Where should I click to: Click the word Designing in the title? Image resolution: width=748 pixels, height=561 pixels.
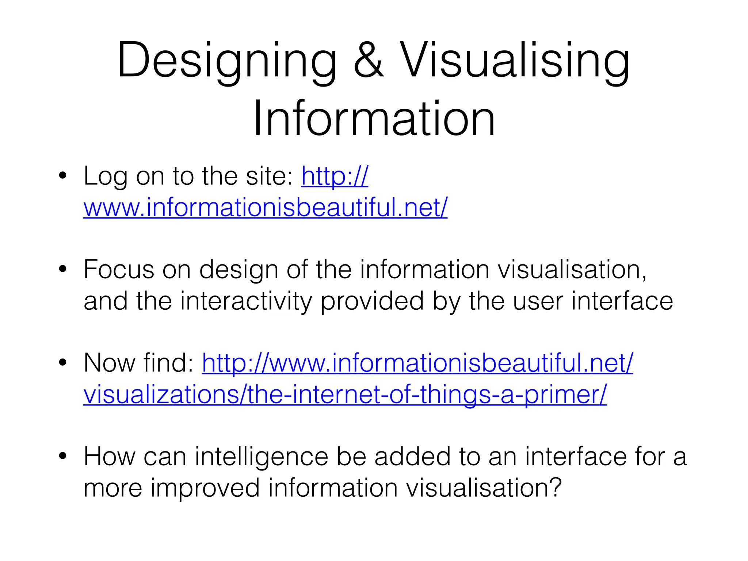(226, 60)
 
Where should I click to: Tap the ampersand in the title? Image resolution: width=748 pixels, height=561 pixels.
(369, 60)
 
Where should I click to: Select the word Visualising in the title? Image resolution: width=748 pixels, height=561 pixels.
(515, 60)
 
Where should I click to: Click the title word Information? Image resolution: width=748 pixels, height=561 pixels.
(374, 119)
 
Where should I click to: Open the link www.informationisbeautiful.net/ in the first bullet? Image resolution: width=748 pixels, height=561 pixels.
(265, 207)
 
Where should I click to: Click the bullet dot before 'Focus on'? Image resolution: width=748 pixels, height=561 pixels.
(63, 269)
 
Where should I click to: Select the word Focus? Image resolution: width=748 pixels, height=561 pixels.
(119, 270)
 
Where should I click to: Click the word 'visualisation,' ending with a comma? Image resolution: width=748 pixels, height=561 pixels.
(572, 270)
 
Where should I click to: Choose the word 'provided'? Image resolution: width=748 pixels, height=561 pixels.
(372, 301)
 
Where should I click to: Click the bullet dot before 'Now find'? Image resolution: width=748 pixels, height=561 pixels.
(63, 363)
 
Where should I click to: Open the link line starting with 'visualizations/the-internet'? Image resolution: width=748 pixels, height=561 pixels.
(345, 394)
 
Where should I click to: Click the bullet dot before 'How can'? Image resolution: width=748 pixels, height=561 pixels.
(63, 456)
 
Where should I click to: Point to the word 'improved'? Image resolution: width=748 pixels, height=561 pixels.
(205, 488)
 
